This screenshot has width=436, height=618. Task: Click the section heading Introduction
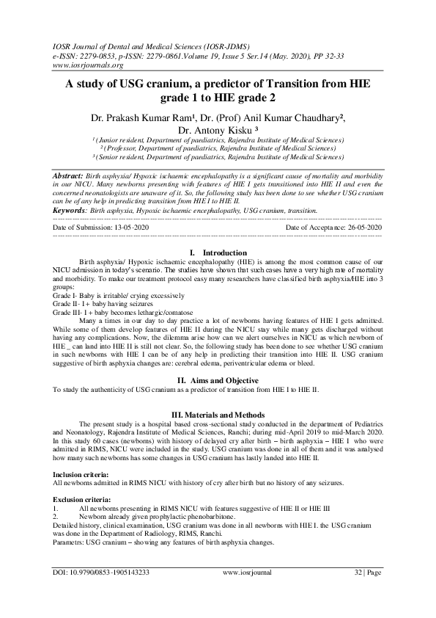[223, 252]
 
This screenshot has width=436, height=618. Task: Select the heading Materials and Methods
[218, 414]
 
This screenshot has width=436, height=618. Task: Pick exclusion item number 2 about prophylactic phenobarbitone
[158, 515]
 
